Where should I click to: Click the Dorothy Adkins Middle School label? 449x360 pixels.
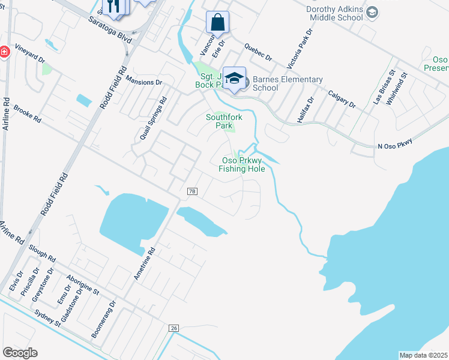334,14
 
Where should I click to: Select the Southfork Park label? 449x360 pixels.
224,121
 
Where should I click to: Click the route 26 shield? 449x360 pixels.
174,328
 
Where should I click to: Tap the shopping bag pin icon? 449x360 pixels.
217,22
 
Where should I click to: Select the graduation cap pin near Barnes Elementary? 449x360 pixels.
235,78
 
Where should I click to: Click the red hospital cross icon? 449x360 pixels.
3,53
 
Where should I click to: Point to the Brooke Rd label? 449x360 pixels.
27,115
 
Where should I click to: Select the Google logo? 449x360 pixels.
20,353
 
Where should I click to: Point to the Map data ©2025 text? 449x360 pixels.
424,355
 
